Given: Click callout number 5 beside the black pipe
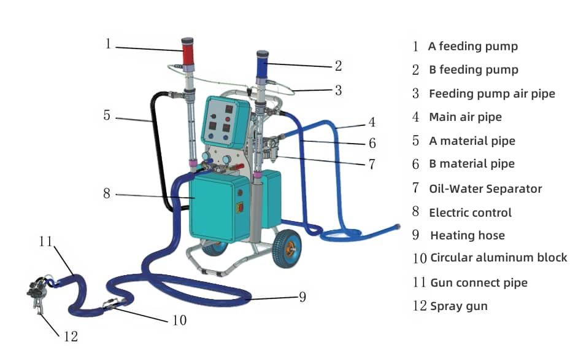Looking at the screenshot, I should [x=107, y=115].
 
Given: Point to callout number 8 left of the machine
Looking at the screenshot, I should [x=107, y=193].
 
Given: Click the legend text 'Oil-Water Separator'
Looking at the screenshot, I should [x=485, y=188].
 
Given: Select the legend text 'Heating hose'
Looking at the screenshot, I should [x=467, y=235].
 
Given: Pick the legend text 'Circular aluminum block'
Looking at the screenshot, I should [x=498, y=258].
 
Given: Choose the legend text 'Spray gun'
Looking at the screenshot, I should [x=458, y=306].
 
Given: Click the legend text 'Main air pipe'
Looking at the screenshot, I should [x=464, y=117].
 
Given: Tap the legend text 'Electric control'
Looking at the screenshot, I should [x=470, y=212].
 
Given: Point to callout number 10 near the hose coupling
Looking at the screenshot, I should [x=180, y=320].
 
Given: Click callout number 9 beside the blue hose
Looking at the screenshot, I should [x=302, y=297].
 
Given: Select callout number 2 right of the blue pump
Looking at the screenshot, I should [x=338, y=66].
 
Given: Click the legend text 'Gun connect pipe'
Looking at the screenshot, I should [x=479, y=282].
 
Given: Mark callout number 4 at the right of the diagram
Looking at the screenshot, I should [x=371, y=122].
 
